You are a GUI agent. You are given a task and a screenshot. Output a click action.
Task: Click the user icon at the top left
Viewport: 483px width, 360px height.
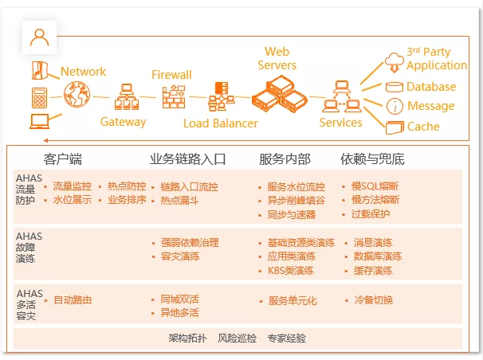38,36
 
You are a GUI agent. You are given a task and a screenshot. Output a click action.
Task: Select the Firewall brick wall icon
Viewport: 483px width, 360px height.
172,97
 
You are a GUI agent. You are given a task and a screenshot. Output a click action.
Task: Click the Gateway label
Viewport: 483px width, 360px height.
124,122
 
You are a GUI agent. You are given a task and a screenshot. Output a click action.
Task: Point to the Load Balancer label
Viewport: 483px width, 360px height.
221,123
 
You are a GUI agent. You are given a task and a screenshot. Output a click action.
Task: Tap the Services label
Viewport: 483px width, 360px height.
340,123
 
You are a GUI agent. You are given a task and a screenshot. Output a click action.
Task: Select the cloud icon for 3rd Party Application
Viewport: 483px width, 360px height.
395,59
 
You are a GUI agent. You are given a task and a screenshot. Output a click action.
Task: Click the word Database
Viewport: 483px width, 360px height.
431,87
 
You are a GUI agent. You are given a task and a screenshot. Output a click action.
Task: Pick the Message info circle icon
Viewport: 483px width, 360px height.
394,106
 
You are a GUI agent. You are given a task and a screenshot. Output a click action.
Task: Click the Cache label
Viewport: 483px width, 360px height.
423,126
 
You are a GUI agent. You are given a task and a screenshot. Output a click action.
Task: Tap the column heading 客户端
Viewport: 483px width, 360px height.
63,158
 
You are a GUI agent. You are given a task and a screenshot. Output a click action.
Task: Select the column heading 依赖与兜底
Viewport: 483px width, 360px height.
372,158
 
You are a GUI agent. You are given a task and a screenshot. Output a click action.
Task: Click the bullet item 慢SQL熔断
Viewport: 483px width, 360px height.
375,187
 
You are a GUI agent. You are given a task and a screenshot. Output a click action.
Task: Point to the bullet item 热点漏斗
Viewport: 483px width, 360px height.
179,201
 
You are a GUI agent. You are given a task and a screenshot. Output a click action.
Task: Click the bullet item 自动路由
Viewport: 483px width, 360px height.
73,300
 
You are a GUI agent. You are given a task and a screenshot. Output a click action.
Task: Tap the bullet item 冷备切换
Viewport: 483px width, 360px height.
373,300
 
